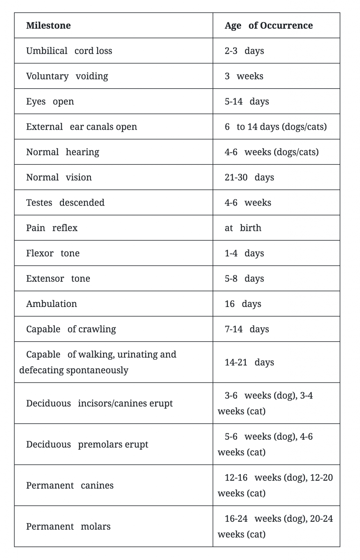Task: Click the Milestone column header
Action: click(x=49, y=26)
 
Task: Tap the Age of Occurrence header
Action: click(x=268, y=26)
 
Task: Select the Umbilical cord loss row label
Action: click(x=69, y=51)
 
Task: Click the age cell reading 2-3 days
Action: click(x=244, y=51)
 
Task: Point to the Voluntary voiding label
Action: click(x=67, y=76)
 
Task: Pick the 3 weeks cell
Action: click(x=244, y=76)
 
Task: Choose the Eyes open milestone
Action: click(x=50, y=101)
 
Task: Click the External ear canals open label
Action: click(x=81, y=127)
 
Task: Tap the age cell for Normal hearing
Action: click(x=271, y=152)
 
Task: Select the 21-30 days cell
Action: click(x=249, y=178)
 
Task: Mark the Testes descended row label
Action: click(x=65, y=203)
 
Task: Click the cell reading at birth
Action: click(x=243, y=228)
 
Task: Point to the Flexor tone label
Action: click(x=53, y=253)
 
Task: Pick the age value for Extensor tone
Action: click(x=244, y=279)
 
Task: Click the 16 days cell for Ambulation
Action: click(x=243, y=304)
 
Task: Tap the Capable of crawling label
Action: click(x=71, y=329)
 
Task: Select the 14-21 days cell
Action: click(x=249, y=362)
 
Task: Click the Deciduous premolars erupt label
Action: click(x=87, y=444)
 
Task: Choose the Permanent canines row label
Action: click(x=70, y=486)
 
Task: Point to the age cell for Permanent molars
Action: click(x=275, y=526)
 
